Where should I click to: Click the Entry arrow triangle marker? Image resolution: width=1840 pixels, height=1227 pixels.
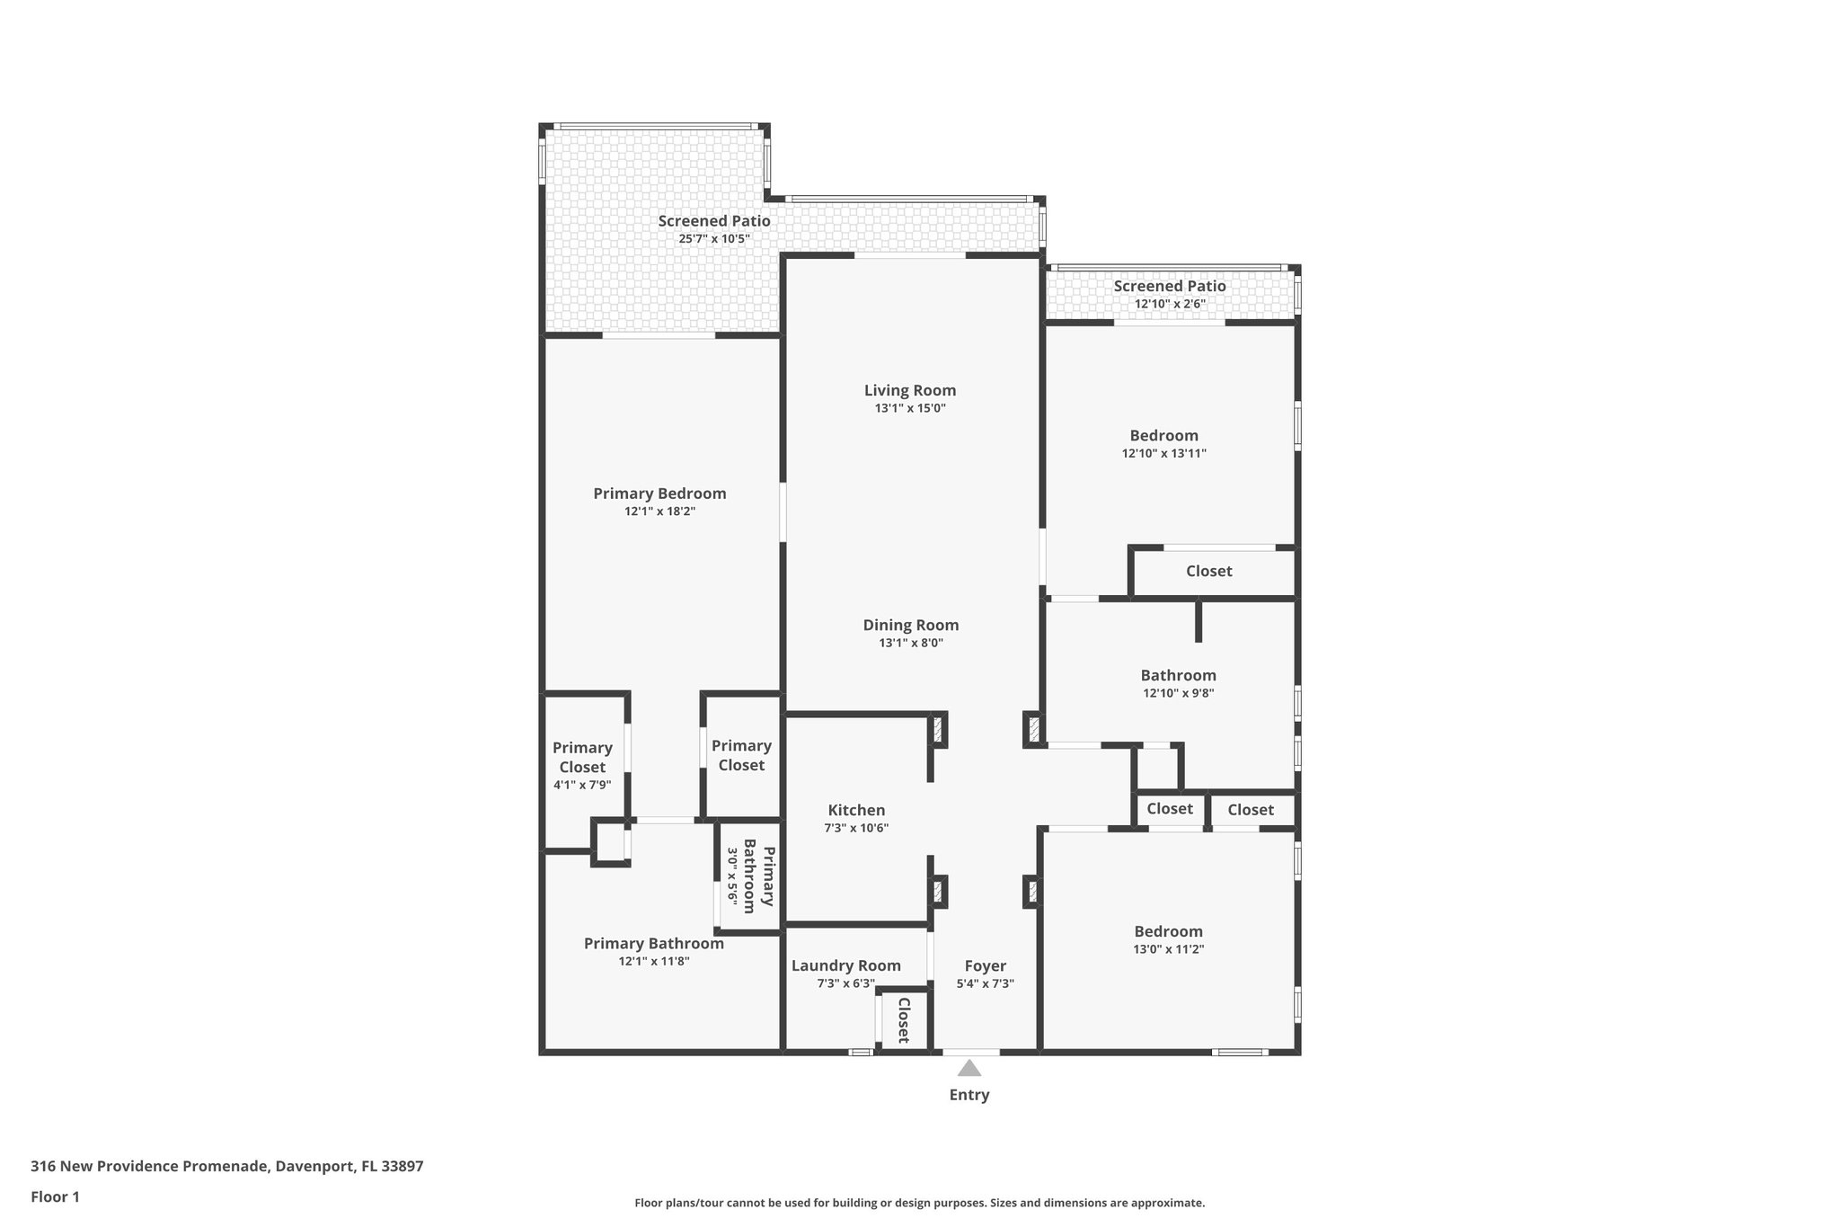(x=969, y=1068)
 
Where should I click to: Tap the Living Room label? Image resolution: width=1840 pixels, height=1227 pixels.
(x=910, y=390)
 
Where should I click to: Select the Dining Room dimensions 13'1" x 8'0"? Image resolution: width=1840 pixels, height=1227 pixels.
(x=910, y=643)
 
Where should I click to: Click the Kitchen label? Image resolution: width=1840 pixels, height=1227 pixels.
(x=856, y=810)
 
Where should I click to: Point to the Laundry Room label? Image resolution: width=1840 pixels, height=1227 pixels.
(x=845, y=965)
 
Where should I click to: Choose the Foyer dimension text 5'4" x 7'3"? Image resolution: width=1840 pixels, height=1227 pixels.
(x=985, y=983)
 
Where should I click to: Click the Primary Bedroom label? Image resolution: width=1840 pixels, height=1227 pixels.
(x=659, y=493)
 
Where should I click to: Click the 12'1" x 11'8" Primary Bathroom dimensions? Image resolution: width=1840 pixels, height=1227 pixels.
(x=653, y=961)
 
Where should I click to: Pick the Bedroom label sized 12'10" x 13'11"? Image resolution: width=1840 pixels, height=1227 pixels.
(x=1163, y=436)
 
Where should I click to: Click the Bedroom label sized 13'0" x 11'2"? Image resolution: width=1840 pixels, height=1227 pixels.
(x=1168, y=931)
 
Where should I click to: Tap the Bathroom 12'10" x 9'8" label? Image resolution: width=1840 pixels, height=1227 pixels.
(x=1178, y=675)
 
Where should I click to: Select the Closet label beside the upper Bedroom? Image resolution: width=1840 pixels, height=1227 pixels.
(x=1208, y=571)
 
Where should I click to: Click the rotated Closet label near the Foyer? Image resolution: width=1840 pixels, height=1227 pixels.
(x=904, y=1019)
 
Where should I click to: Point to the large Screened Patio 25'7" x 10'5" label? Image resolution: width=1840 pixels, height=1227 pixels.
(x=713, y=221)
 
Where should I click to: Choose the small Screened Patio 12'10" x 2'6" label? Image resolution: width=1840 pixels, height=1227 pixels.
(x=1169, y=287)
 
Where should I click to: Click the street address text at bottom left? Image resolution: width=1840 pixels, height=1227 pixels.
(x=226, y=1167)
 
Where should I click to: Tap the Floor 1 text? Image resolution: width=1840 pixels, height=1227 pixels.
(x=55, y=1196)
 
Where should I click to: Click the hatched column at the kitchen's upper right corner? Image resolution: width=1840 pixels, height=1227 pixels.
(x=937, y=729)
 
